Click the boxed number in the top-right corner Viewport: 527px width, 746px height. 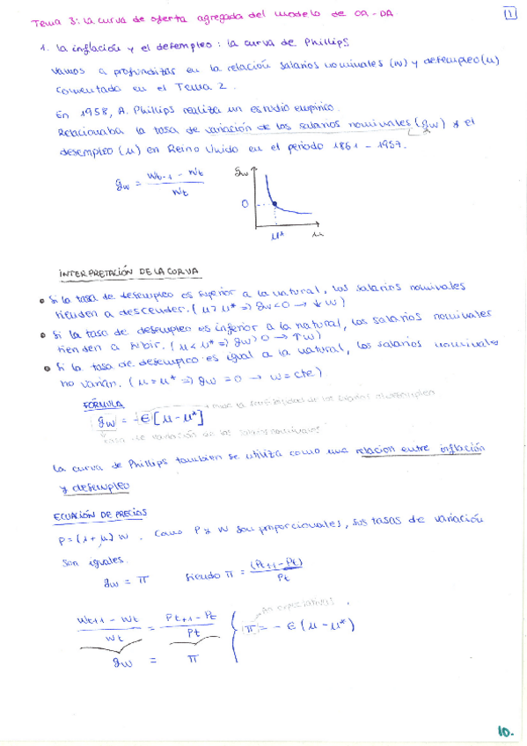point(510,13)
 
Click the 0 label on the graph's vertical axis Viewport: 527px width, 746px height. point(246,203)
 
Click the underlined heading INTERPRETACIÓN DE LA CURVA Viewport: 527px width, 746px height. point(128,272)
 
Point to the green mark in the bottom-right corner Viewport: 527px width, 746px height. point(504,730)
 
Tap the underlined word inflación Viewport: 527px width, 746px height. point(462,448)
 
